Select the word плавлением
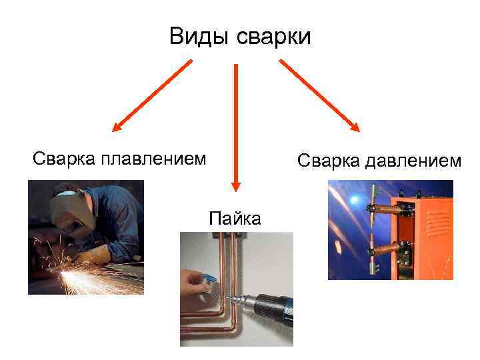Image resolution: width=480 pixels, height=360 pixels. pos(153,159)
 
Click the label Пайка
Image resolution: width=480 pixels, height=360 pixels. pos(235,218)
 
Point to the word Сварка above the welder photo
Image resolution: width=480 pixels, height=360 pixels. pos(65,159)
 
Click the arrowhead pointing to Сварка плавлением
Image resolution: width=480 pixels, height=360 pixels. pos(118,126)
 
